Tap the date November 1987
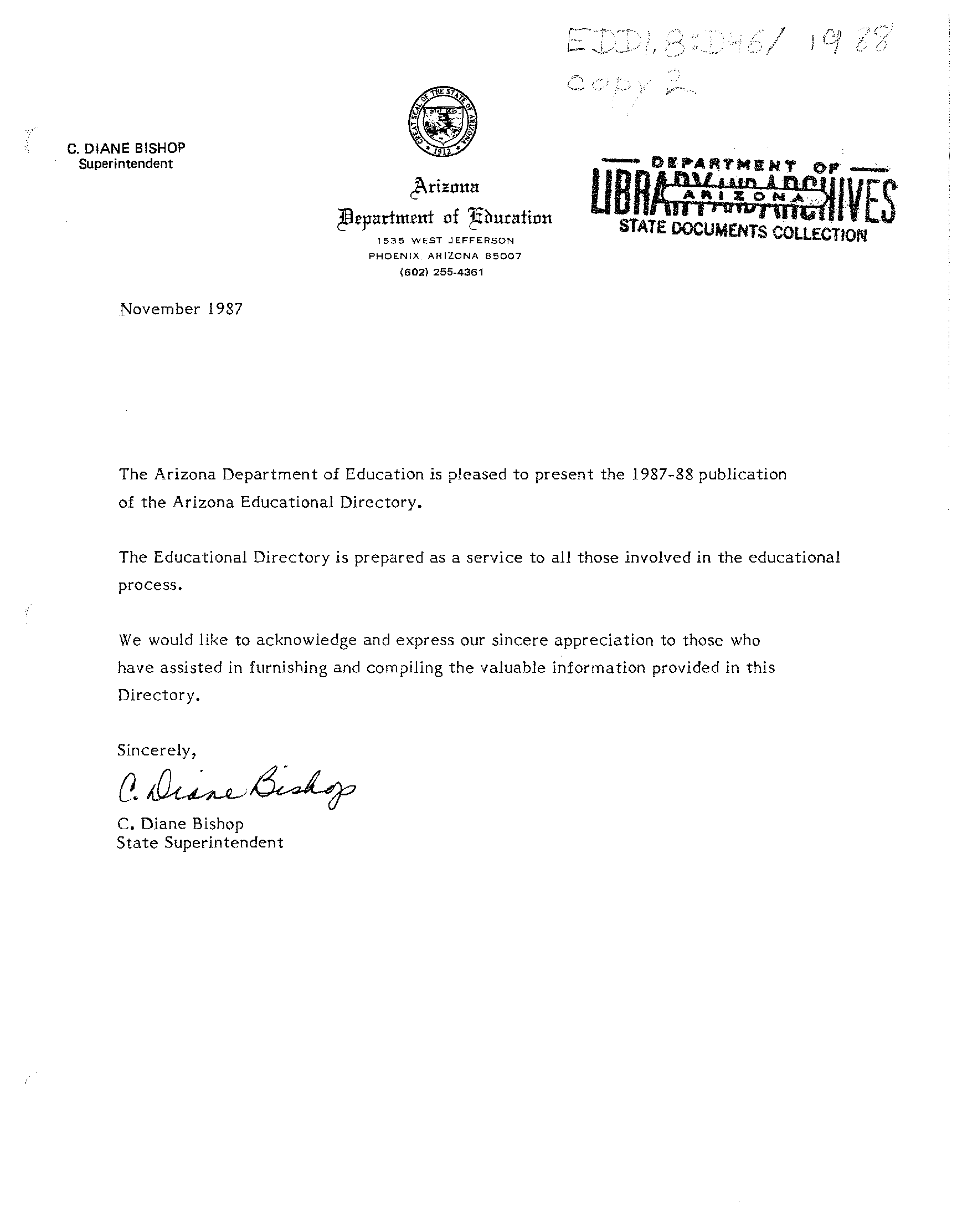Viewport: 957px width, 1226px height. coord(182,309)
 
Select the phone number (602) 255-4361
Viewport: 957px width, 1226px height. coord(441,272)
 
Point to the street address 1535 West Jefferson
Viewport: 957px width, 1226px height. coord(445,241)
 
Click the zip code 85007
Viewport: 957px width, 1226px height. coord(504,256)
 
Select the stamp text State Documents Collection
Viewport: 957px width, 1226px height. coord(743,231)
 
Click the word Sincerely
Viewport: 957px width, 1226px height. coord(157,750)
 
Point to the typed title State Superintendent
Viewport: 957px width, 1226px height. coord(200,842)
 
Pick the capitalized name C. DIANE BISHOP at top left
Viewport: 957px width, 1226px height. coord(126,148)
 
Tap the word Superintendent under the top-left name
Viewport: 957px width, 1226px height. coord(126,164)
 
